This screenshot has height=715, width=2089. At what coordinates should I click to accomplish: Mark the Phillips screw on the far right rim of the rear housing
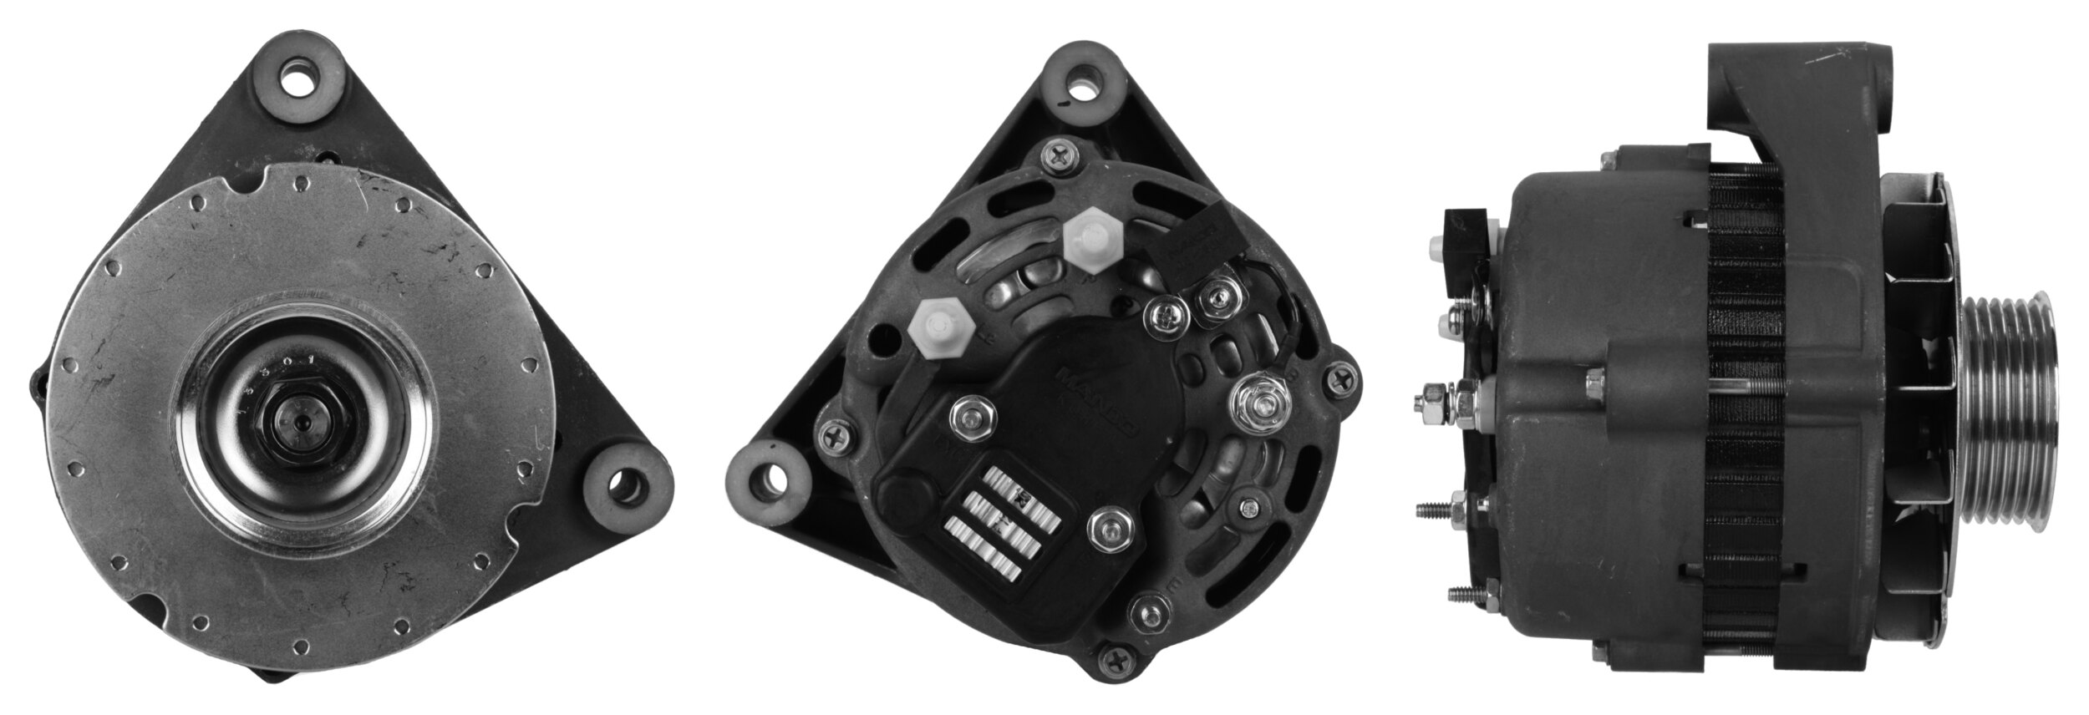click(1342, 380)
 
